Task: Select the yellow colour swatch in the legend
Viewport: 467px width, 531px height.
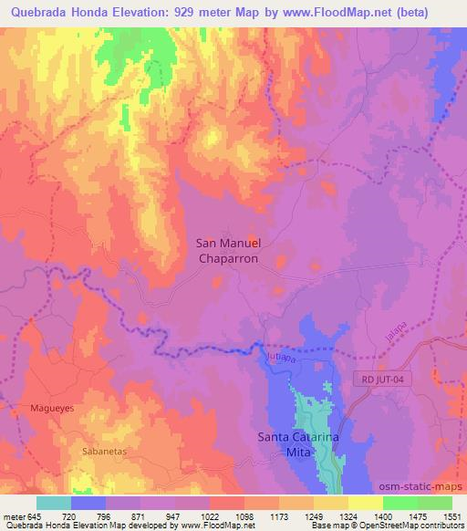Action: (x=365, y=503)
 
